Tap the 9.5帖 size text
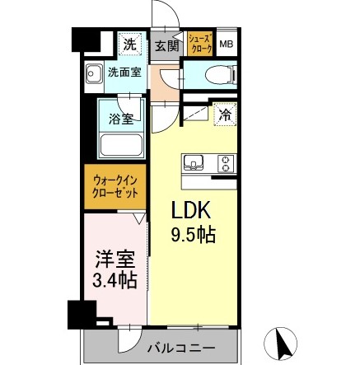tap(194, 236)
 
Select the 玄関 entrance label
tap(168, 45)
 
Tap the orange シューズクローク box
tap(199, 44)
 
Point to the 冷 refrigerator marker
tap(223, 116)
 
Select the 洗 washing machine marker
tap(129, 43)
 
